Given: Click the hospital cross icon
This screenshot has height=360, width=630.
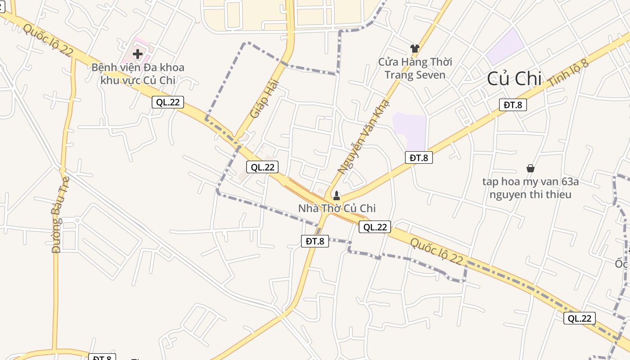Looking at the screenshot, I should [x=138, y=54].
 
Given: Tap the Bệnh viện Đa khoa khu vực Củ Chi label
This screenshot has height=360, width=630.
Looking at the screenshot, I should [x=138, y=74].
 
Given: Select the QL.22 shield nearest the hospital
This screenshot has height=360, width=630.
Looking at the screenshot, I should [x=168, y=102].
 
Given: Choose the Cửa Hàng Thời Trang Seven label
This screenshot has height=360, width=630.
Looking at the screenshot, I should [x=415, y=68].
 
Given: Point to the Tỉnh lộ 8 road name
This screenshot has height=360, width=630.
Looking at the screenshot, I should [x=568, y=72].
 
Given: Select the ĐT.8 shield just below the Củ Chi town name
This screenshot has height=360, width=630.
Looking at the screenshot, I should [x=513, y=105].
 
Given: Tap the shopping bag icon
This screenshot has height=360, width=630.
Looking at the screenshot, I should [x=531, y=168].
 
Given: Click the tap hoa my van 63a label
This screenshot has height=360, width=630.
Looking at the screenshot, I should [x=530, y=188].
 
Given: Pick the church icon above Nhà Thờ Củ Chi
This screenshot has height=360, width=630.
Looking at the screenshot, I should [x=336, y=196].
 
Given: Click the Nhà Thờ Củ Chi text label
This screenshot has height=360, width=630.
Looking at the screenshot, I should [x=337, y=208].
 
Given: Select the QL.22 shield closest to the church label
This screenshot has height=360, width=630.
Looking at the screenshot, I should [x=375, y=227].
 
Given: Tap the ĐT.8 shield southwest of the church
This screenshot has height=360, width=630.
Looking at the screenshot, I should [x=315, y=241].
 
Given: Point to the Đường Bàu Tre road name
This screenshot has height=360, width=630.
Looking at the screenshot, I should [x=56, y=227].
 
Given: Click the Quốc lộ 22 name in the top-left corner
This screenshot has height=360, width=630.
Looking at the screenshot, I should [x=48, y=40].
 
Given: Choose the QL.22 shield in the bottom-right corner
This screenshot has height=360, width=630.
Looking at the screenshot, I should [x=579, y=318].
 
